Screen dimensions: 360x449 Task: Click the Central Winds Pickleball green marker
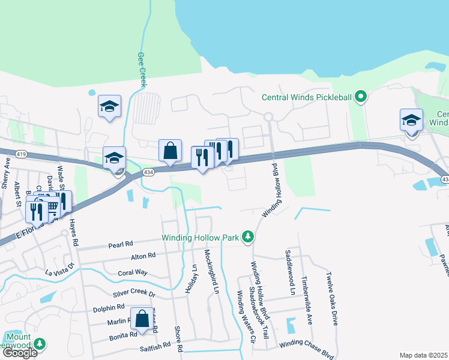point(360,97)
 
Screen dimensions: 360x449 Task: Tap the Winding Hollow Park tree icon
point(247,238)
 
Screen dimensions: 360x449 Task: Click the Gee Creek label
point(143,70)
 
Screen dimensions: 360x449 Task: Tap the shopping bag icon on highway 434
point(170,150)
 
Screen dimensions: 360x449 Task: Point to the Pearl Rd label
point(120,245)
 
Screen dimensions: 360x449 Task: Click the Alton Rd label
point(143,256)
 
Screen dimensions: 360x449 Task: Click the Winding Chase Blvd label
point(306,343)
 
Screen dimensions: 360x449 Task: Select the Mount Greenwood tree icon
point(40,344)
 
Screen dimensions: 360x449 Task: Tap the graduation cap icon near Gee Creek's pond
point(109,106)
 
